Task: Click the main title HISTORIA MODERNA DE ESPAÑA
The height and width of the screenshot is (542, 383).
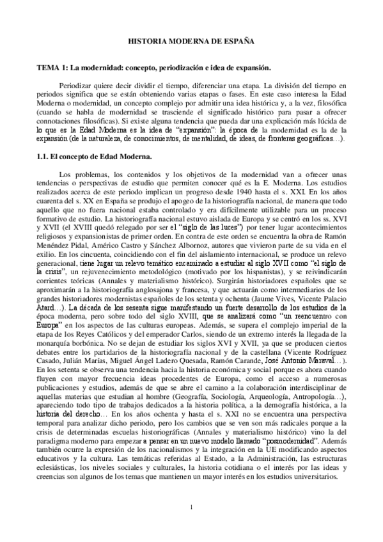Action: pos(192,40)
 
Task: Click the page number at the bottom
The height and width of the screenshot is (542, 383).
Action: pos(191,508)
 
